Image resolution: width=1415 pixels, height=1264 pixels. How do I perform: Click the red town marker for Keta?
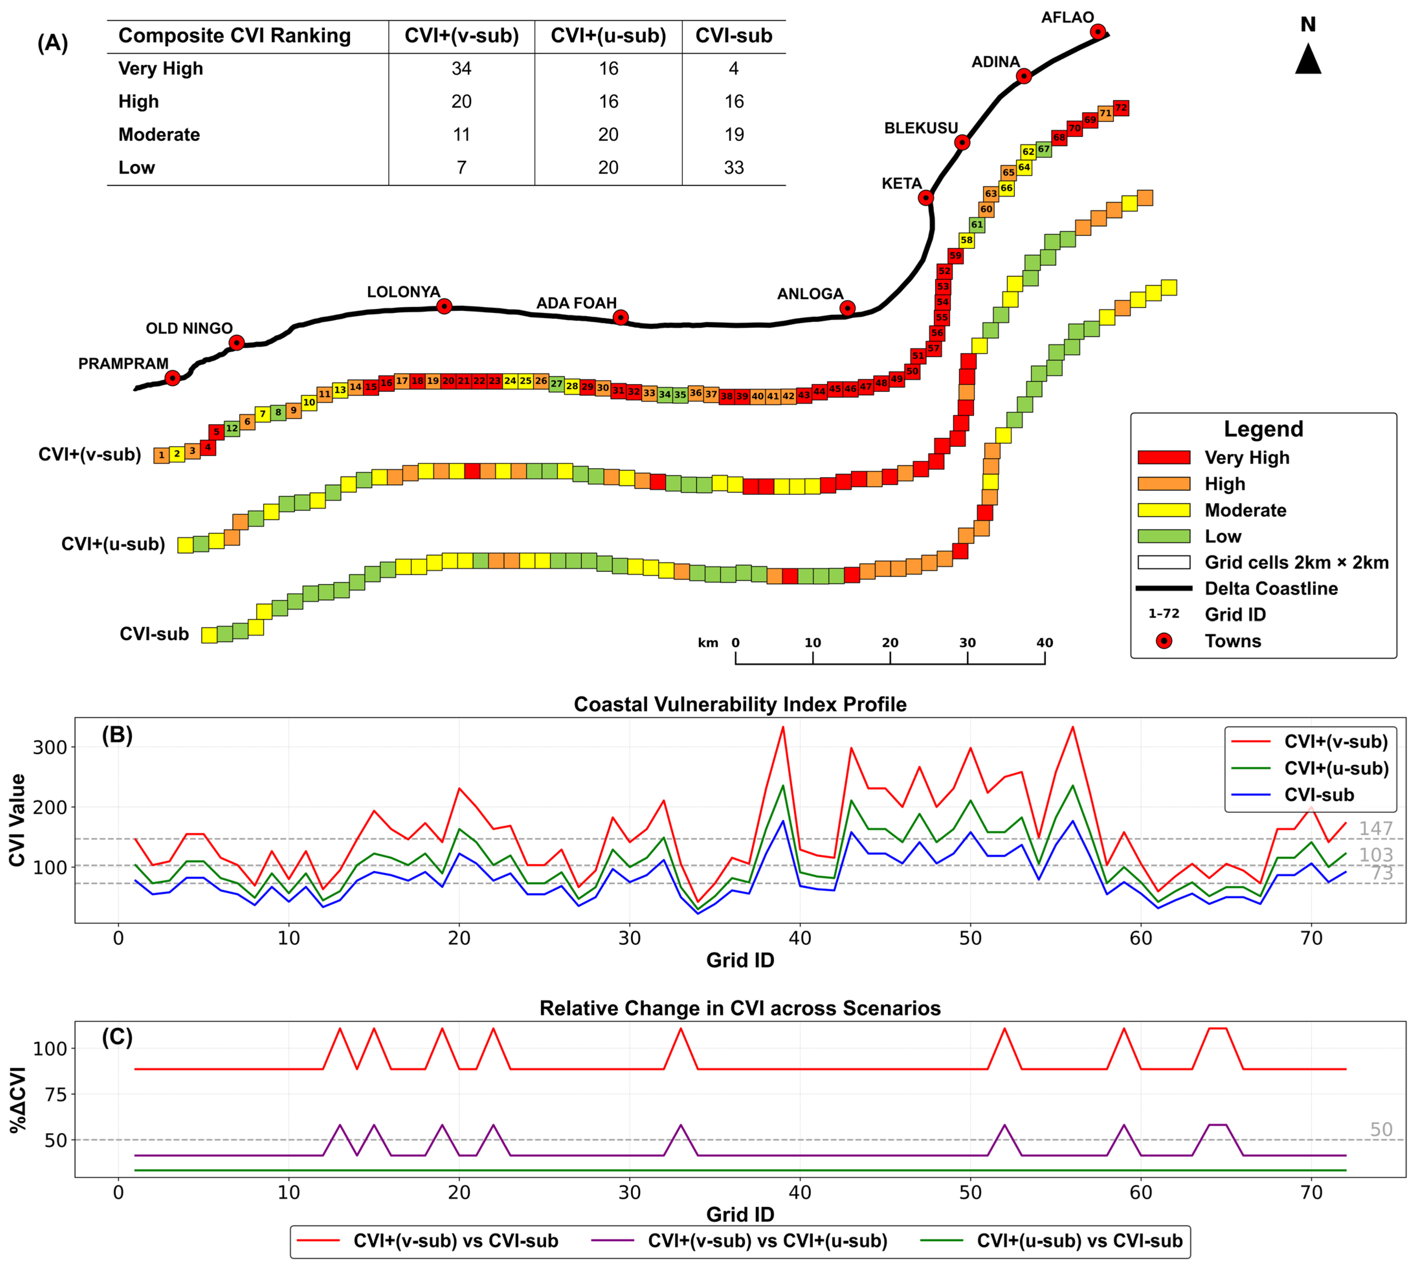[925, 198]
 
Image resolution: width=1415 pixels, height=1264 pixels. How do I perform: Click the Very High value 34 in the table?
[461, 69]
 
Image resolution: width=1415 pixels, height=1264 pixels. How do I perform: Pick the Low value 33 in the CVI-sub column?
[734, 167]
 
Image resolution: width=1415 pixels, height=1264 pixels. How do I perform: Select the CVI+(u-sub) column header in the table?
[609, 36]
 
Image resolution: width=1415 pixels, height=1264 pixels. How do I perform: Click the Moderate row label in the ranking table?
[159, 135]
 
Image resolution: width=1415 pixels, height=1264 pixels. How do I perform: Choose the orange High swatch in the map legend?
[1164, 484]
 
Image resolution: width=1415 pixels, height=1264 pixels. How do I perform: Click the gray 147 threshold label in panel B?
[1376, 828]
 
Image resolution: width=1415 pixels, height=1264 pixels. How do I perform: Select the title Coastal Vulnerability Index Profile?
[740, 704]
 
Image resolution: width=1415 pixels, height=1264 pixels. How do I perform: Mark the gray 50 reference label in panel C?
[1381, 1130]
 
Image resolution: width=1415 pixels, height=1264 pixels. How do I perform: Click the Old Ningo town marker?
[236, 342]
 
